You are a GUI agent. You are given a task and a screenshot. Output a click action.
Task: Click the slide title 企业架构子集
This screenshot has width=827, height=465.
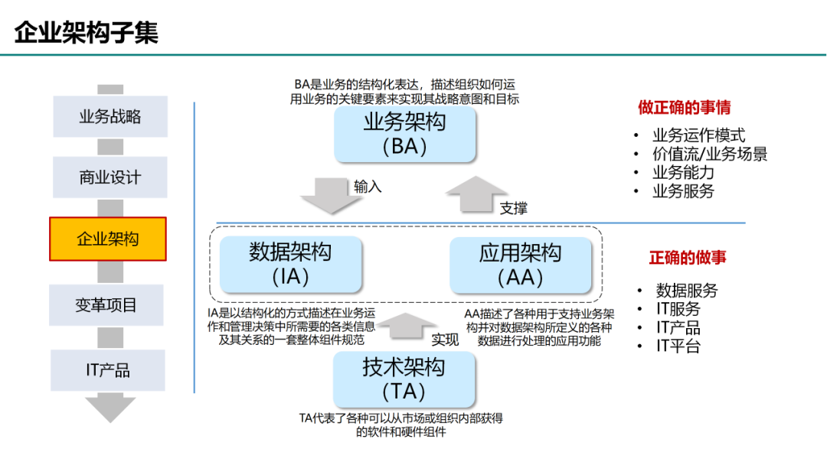[87, 32]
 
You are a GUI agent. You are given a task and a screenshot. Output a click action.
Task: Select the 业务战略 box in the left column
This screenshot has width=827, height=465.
[110, 116]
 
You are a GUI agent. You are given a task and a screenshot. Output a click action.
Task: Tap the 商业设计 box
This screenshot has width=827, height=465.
[110, 177]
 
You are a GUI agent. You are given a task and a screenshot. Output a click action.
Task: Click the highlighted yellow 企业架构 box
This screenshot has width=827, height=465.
[108, 239]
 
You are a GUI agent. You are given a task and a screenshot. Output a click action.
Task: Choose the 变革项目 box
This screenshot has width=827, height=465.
[107, 305]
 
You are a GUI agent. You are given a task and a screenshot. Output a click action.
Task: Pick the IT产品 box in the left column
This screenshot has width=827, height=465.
[108, 370]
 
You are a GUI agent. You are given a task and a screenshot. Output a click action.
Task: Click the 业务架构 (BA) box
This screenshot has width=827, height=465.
[404, 135]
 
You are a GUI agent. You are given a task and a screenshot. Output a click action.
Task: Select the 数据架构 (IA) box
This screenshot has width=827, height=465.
[290, 264]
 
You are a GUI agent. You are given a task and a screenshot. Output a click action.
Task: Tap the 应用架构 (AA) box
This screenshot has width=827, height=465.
[521, 265]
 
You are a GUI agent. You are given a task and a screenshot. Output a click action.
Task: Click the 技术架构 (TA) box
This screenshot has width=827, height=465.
[404, 379]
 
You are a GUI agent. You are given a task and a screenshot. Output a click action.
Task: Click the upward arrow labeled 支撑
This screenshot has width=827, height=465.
[476, 193]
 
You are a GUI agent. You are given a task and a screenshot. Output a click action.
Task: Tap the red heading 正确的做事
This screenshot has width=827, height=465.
[688, 258]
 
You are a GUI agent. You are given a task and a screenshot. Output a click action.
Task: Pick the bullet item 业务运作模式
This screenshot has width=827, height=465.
[698, 135]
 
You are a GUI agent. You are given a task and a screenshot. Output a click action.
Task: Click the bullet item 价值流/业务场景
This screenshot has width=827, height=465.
[710, 154]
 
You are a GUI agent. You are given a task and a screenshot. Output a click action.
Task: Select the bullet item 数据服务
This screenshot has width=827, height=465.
[687, 291]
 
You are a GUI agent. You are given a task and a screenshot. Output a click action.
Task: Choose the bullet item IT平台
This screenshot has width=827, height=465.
[678, 346]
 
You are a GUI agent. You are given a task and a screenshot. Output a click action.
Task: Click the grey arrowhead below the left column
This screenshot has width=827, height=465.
[110, 408]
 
